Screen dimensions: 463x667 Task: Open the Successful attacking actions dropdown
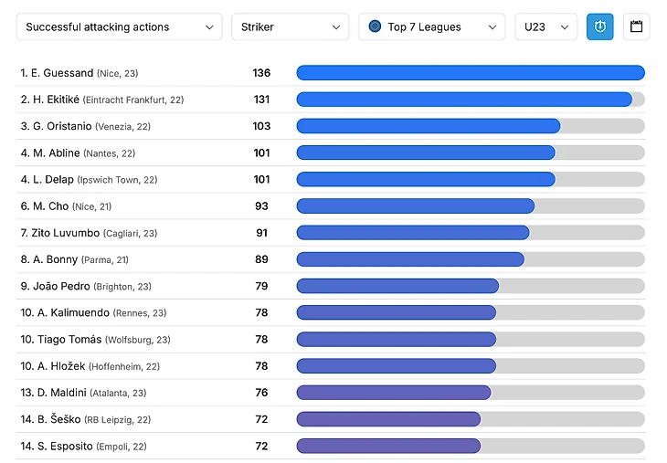(119, 26)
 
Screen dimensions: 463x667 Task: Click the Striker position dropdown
(290, 26)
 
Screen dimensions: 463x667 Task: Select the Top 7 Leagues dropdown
(431, 26)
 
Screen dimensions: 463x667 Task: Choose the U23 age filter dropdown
(545, 26)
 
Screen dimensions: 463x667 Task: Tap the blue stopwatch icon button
(600, 26)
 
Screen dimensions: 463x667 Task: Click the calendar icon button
(637, 26)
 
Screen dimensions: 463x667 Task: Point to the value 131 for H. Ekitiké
(261, 100)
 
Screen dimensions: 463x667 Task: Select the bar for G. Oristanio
(428, 126)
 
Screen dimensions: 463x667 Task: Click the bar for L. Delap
(425, 179)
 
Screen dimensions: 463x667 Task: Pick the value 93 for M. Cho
(261, 206)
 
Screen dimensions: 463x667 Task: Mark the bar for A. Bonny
(409, 259)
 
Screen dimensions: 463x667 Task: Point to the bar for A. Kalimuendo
(396, 312)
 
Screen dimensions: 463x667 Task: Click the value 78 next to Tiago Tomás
(261, 340)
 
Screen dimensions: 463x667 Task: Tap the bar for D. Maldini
(393, 393)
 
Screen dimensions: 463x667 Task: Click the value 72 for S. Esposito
(261, 446)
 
